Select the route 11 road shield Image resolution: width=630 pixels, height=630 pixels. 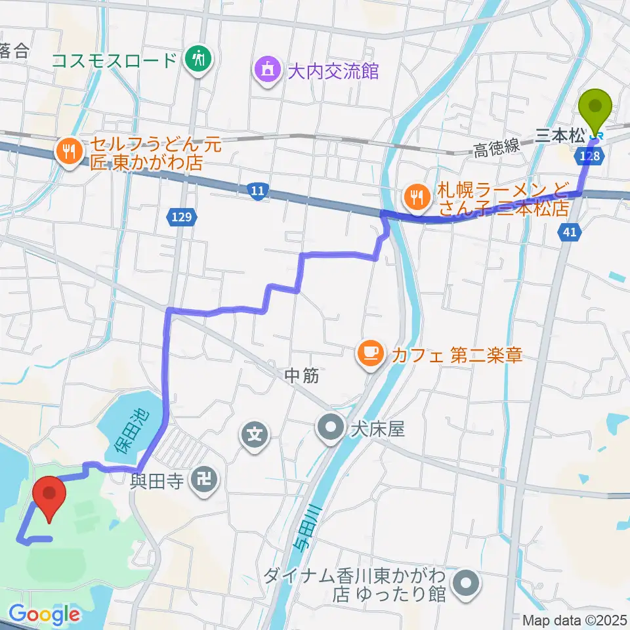[x=259, y=191]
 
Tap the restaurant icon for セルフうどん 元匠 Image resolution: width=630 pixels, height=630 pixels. [x=68, y=151]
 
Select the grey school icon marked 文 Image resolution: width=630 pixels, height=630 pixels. [x=255, y=434]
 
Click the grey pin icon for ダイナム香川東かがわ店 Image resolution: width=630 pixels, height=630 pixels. [x=467, y=581]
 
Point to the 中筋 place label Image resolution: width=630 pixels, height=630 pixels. [x=302, y=377]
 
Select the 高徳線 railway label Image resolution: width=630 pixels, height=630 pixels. [x=497, y=151]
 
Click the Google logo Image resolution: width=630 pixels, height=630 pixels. [x=44, y=614]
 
